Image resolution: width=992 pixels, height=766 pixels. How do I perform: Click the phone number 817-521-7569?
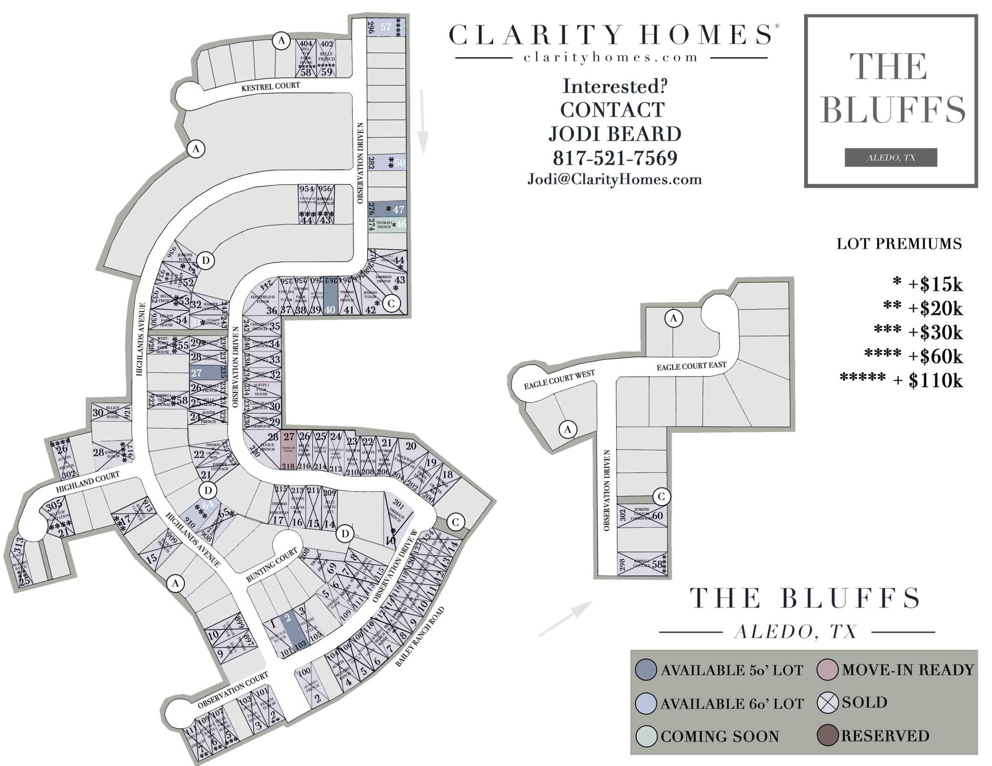click(615, 158)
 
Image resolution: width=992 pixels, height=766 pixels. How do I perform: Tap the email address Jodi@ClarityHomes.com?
click(615, 180)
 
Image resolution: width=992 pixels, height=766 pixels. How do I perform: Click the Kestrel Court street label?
click(271, 86)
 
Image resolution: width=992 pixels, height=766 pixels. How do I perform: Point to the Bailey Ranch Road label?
click(420, 637)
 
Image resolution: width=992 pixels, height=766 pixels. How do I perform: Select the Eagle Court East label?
click(691, 366)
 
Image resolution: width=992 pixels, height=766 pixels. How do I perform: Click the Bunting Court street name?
click(272, 564)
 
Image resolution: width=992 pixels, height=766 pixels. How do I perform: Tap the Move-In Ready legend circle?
click(828, 670)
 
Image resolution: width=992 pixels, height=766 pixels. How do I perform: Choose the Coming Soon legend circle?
click(646, 736)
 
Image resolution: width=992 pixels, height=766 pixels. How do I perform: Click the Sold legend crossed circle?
click(828, 703)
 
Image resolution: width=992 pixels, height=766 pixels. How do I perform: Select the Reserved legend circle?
click(828, 736)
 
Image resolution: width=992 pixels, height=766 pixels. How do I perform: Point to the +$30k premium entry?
click(936, 332)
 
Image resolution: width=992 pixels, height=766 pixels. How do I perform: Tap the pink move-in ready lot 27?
click(289, 450)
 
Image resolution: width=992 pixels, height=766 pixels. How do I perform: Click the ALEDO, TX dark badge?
click(890, 158)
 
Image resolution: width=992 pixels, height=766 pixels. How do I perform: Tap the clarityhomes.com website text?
click(611, 57)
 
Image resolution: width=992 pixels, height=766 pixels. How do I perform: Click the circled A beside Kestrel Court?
click(281, 40)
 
